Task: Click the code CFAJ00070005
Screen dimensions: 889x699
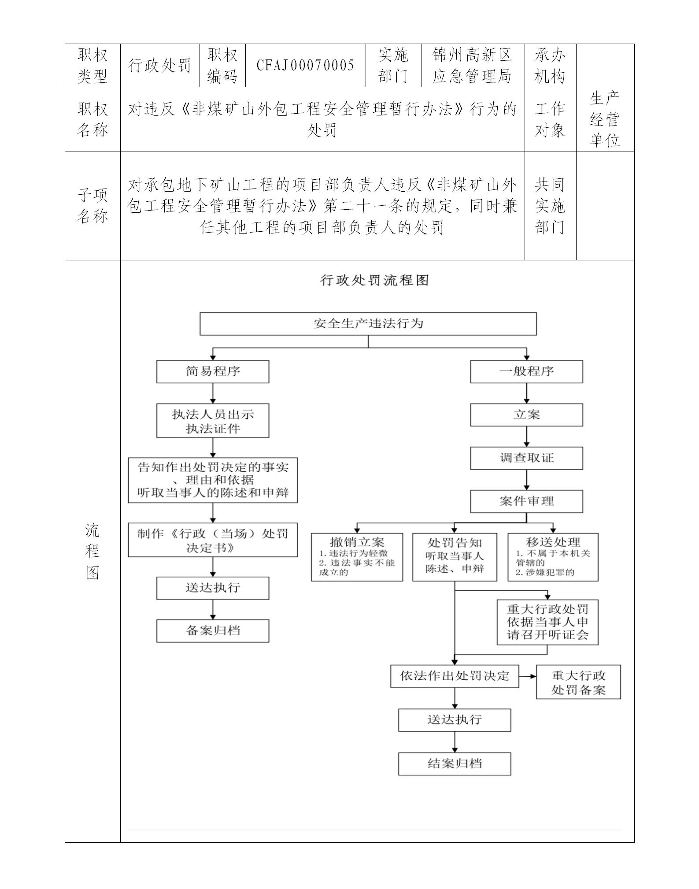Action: coord(305,65)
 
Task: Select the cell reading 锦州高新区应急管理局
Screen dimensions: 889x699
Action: coord(473,65)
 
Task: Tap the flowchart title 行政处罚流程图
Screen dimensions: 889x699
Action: coord(374,280)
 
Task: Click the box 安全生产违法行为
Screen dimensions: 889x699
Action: coord(368,324)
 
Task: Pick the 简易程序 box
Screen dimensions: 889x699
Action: coord(213,371)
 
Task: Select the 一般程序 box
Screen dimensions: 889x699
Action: coord(526,371)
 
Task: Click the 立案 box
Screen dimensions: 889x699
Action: coord(526,415)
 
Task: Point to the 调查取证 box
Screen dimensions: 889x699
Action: coord(526,458)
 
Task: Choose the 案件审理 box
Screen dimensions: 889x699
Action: coord(526,501)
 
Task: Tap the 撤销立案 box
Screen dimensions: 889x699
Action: coord(357,557)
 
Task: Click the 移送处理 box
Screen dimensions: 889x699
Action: coord(553,557)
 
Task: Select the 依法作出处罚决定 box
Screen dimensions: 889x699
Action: coord(455,676)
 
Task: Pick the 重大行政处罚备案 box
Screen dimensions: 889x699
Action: coord(578,682)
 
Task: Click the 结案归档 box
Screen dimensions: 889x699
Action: coord(455,763)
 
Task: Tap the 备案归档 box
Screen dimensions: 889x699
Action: coord(213,630)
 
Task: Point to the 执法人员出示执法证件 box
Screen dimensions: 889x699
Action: coord(213,421)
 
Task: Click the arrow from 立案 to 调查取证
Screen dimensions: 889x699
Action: coord(526,437)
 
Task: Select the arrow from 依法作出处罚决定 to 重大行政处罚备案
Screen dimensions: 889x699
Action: coord(528,676)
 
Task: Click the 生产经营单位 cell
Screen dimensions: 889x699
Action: coord(605,119)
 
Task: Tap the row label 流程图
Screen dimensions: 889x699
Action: coord(92,551)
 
